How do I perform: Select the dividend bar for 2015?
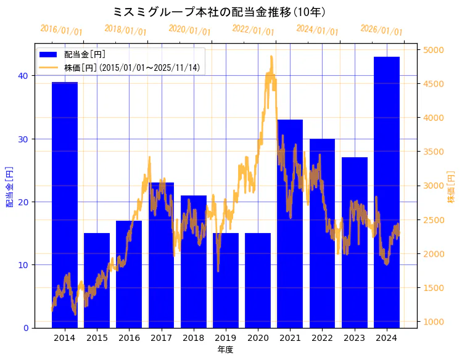click(x=97, y=280)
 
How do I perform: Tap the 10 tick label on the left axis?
click(x=23, y=265)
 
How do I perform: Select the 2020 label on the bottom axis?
click(x=257, y=338)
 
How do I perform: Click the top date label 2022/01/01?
click(x=254, y=30)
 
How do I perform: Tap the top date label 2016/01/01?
click(x=61, y=30)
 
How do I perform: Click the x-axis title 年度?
click(x=225, y=350)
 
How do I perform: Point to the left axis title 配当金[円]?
click(x=9, y=187)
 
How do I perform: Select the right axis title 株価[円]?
click(x=451, y=188)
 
